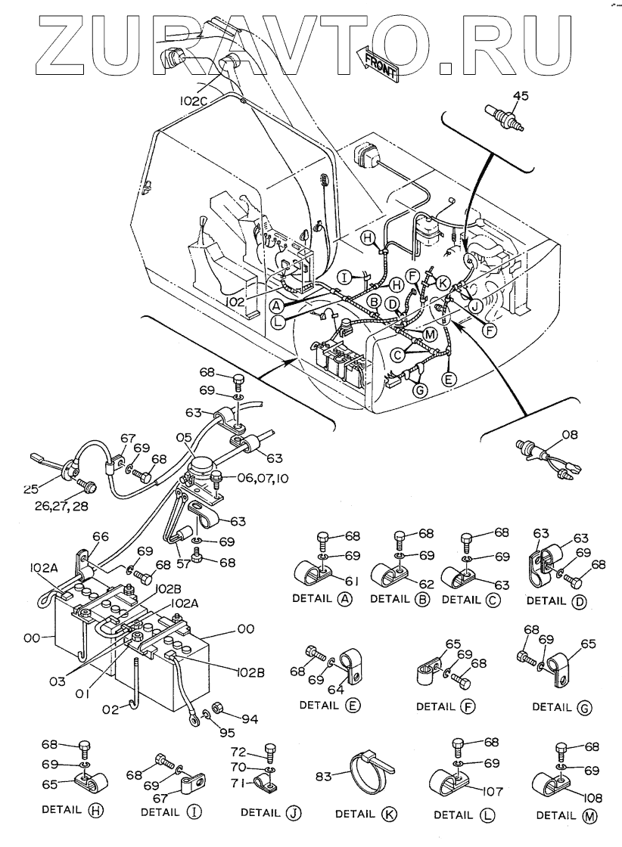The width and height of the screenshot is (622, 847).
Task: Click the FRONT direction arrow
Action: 377,63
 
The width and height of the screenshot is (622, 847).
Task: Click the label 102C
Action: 194,99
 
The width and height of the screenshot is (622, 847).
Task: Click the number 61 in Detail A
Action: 352,581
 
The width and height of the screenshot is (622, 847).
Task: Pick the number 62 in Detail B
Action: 426,583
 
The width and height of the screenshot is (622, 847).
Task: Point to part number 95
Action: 228,733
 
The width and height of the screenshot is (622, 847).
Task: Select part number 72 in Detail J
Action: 239,752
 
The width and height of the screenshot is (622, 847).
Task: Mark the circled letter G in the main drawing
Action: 418,390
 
